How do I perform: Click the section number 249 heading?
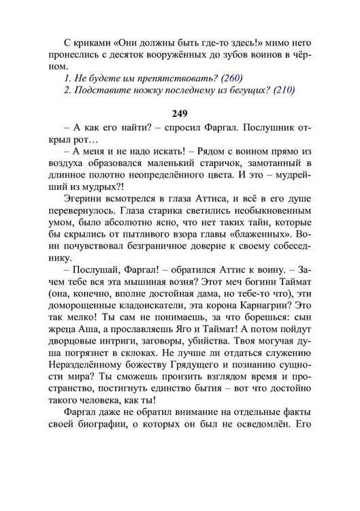pyautogui.click(x=180, y=113)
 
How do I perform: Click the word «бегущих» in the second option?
pyautogui.click(x=240, y=91)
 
